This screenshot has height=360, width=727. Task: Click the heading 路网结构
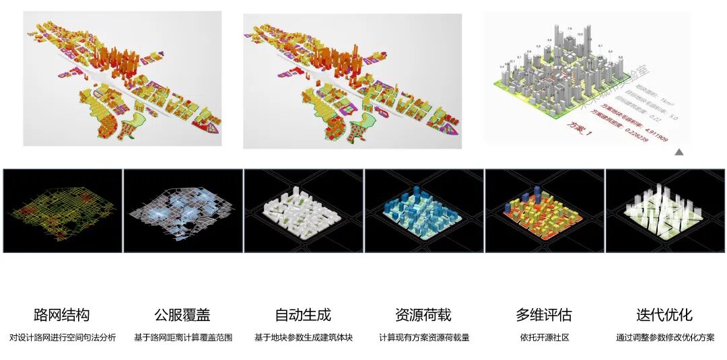[61, 315]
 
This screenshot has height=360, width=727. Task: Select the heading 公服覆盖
[182, 315]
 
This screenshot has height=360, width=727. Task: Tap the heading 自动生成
[303, 315]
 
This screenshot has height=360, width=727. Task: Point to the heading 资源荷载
[423, 315]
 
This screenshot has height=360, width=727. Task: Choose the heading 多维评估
[544, 315]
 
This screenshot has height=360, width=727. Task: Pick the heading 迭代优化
[664, 315]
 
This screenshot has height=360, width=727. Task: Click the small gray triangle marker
[679, 152]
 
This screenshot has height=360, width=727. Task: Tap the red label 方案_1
[580, 125]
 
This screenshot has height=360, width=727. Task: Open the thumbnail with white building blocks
[304, 211]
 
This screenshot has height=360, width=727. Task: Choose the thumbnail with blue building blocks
[424, 211]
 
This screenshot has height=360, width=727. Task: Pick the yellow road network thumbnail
[63, 211]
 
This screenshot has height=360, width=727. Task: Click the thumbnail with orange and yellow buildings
[545, 211]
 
